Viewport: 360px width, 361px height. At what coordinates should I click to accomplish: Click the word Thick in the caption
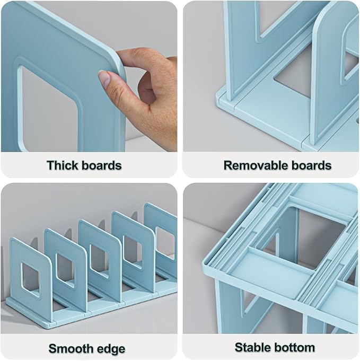(64, 165)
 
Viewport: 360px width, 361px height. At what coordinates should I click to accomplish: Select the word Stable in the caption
(252, 348)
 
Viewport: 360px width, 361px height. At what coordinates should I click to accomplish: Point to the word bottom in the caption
(294, 348)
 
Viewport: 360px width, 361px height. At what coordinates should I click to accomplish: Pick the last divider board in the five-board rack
(162, 228)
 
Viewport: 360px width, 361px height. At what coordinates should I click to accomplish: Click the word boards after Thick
(101, 165)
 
